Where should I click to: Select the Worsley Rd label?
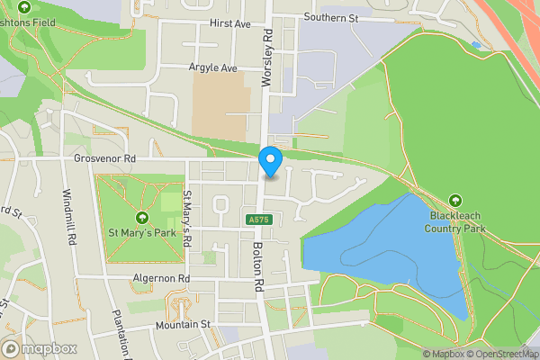click(x=266, y=56)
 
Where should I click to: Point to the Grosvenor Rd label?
click(x=104, y=158)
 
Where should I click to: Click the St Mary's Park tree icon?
click(x=141, y=218)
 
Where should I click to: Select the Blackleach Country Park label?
click(x=456, y=222)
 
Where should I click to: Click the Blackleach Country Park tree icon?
click(x=455, y=201)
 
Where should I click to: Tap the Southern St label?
click(x=331, y=17)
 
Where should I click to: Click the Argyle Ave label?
click(x=212, y=67)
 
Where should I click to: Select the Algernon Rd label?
click(x=161, y=279)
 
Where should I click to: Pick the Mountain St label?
click(x=182, y=324)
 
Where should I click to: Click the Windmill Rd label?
click(x=67, y=218)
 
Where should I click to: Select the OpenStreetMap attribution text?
click(x=503, y=354)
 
